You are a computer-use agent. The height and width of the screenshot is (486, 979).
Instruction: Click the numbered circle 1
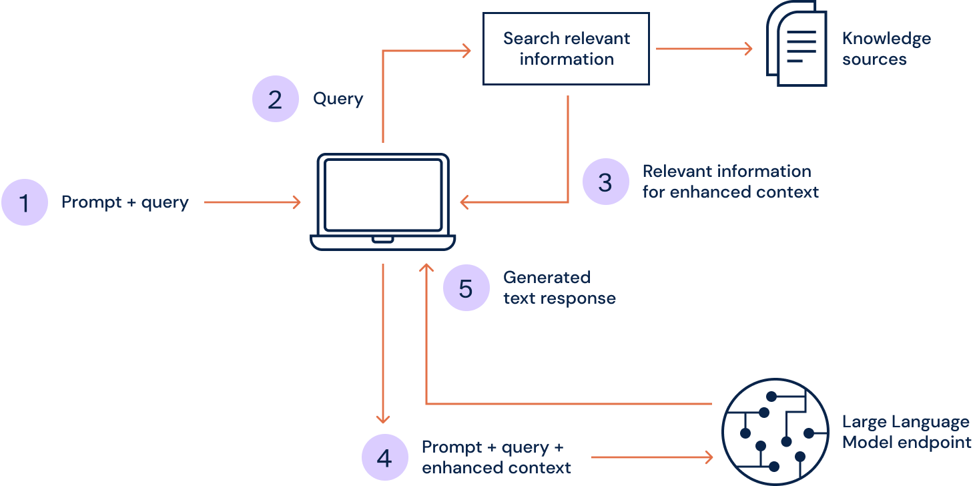(25, 202)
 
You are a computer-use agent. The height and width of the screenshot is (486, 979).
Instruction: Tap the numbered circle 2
(275, 99)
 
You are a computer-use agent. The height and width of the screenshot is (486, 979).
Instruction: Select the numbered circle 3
(605, 182)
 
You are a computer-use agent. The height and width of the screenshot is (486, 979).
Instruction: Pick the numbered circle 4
(384, 458)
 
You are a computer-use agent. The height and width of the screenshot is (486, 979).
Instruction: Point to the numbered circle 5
(466, 288)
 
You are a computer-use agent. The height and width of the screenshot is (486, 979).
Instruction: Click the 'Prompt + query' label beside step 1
(125, 202)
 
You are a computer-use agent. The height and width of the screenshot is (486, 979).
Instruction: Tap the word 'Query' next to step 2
(338, 99)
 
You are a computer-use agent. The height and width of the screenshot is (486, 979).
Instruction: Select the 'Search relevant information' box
(566, 49)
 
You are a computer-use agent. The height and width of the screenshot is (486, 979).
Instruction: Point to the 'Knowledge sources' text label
(886, 49)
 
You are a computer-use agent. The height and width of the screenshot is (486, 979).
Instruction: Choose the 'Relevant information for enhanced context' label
(730, 182)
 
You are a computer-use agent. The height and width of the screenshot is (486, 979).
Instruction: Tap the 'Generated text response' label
(559, 288)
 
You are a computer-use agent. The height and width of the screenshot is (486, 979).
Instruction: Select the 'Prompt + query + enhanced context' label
(497, 457)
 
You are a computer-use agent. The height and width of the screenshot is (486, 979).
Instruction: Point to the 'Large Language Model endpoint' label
(906, 432)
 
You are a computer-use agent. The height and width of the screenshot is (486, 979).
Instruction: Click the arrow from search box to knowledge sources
(704, 49)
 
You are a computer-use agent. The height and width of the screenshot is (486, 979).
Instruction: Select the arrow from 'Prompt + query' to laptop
(252, 202)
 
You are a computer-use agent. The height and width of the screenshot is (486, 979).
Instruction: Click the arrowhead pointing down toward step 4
(382, 418)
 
